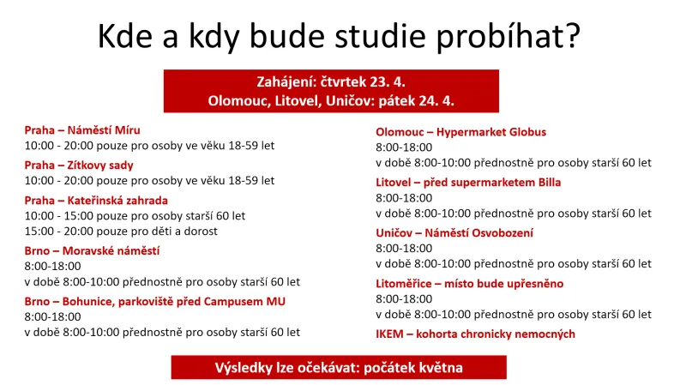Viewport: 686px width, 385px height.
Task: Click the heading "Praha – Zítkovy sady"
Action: coord(78,165)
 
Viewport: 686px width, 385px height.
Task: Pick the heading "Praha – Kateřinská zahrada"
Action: coord(95,199)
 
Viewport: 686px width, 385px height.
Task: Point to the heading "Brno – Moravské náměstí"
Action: coord(92,250)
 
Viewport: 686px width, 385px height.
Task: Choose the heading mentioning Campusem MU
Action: coord(154,301)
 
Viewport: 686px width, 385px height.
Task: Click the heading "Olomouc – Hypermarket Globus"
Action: coord(460,132)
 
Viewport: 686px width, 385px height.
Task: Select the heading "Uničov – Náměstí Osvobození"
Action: coord(454,232)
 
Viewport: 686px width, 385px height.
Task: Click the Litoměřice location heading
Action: coord(469,283)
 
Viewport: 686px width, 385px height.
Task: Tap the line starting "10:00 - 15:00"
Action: coord(135,215)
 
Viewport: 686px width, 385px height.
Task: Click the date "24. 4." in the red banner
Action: coord(434,100)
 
